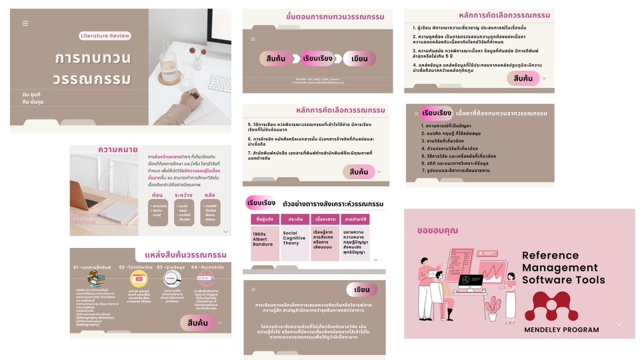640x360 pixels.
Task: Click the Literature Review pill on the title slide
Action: (104, 36)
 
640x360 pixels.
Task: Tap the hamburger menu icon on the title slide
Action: (25, 23)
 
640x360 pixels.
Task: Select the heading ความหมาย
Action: (117, 150)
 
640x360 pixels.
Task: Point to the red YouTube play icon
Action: (139, 279)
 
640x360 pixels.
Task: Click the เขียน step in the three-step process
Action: (360, 59)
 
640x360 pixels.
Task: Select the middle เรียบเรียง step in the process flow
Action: (317, 59)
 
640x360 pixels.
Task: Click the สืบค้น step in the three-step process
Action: (275, 59)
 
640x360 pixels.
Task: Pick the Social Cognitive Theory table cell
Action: (295, 238)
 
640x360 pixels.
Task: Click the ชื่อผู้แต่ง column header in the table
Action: (264, 219)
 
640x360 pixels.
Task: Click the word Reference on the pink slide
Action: (550, 255)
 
